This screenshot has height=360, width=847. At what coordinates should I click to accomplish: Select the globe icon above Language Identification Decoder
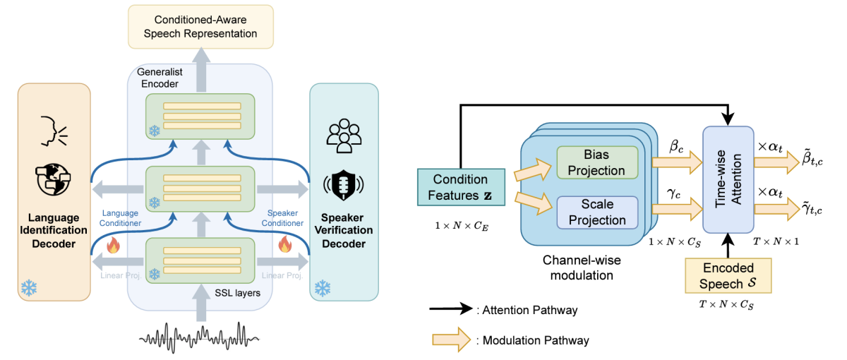click(x=54, y=179)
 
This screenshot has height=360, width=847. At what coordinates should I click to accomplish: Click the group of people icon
click(x=344, y=136)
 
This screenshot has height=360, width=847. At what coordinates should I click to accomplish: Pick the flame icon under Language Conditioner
click(x=114, y=246)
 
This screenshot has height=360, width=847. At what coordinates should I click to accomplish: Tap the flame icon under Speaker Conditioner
click(x=285, y=246)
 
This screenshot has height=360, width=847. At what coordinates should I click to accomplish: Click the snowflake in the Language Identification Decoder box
click(x=28, y=287)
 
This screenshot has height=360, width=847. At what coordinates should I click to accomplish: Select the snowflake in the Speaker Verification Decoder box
click(x=323, y=288)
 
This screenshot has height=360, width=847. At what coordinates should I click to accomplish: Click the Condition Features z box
click(x=460, y=187)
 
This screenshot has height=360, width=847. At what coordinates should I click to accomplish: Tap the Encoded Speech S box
click(x=728, y=275)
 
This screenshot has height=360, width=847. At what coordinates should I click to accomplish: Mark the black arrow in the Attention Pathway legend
click(x=451, y=308)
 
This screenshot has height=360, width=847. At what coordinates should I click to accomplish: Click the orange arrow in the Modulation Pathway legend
click(x=451, y=340)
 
